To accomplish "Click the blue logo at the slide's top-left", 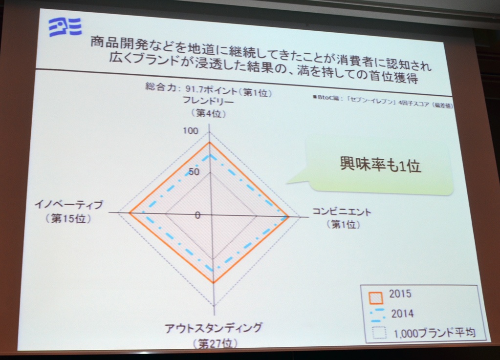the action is pos(65,27).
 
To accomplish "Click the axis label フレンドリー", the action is pos(208,101).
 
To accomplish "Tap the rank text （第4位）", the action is pos(209,113).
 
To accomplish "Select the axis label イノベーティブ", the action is pos(69,205).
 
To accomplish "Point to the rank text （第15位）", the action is pos(68,218).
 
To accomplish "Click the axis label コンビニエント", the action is pos(342,212).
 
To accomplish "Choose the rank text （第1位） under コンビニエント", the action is pos(344,225).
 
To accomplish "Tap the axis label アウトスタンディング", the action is pos(213,328).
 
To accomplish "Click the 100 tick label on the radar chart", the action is pos(190,130).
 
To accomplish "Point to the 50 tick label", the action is pos(194,172).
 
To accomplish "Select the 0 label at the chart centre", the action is pos(198,215).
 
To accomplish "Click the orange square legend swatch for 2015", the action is pos(376,298).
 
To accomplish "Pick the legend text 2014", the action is pos(402,314).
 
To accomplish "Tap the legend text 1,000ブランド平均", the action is pos(435,333).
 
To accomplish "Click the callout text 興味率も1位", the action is pos(381,165).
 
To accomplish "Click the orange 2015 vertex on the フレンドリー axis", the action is pos(209,143).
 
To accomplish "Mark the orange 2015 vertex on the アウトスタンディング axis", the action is pos(213,282).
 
